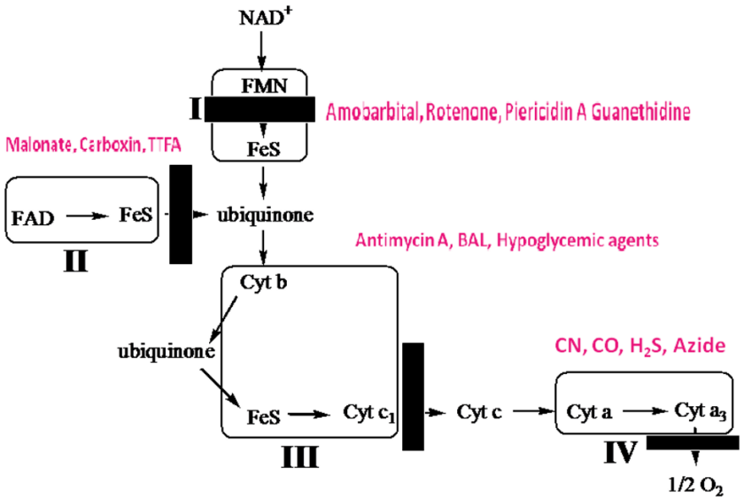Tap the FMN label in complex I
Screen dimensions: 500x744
click(x=263, y=85)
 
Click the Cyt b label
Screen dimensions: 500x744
click(x=262, y=282)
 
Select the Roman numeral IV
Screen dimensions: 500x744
click(x=619, y=455)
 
